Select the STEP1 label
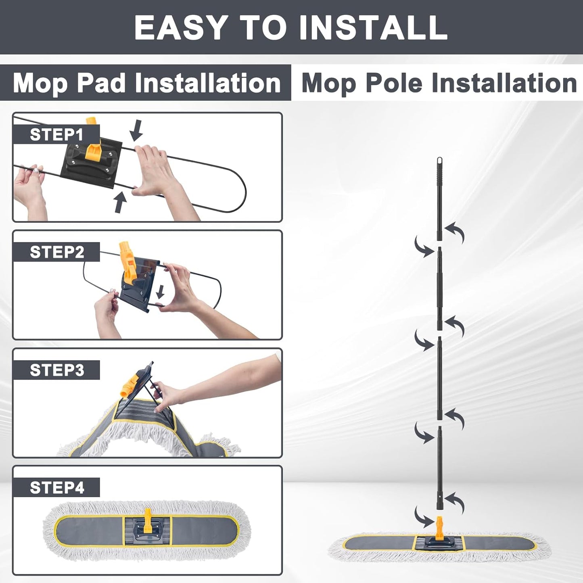56,135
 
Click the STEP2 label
57,252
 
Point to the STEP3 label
57,370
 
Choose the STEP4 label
57,487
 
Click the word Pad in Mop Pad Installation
101,83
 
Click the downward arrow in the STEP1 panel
136,130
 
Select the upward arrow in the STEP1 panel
120,203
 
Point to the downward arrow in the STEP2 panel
160,292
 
